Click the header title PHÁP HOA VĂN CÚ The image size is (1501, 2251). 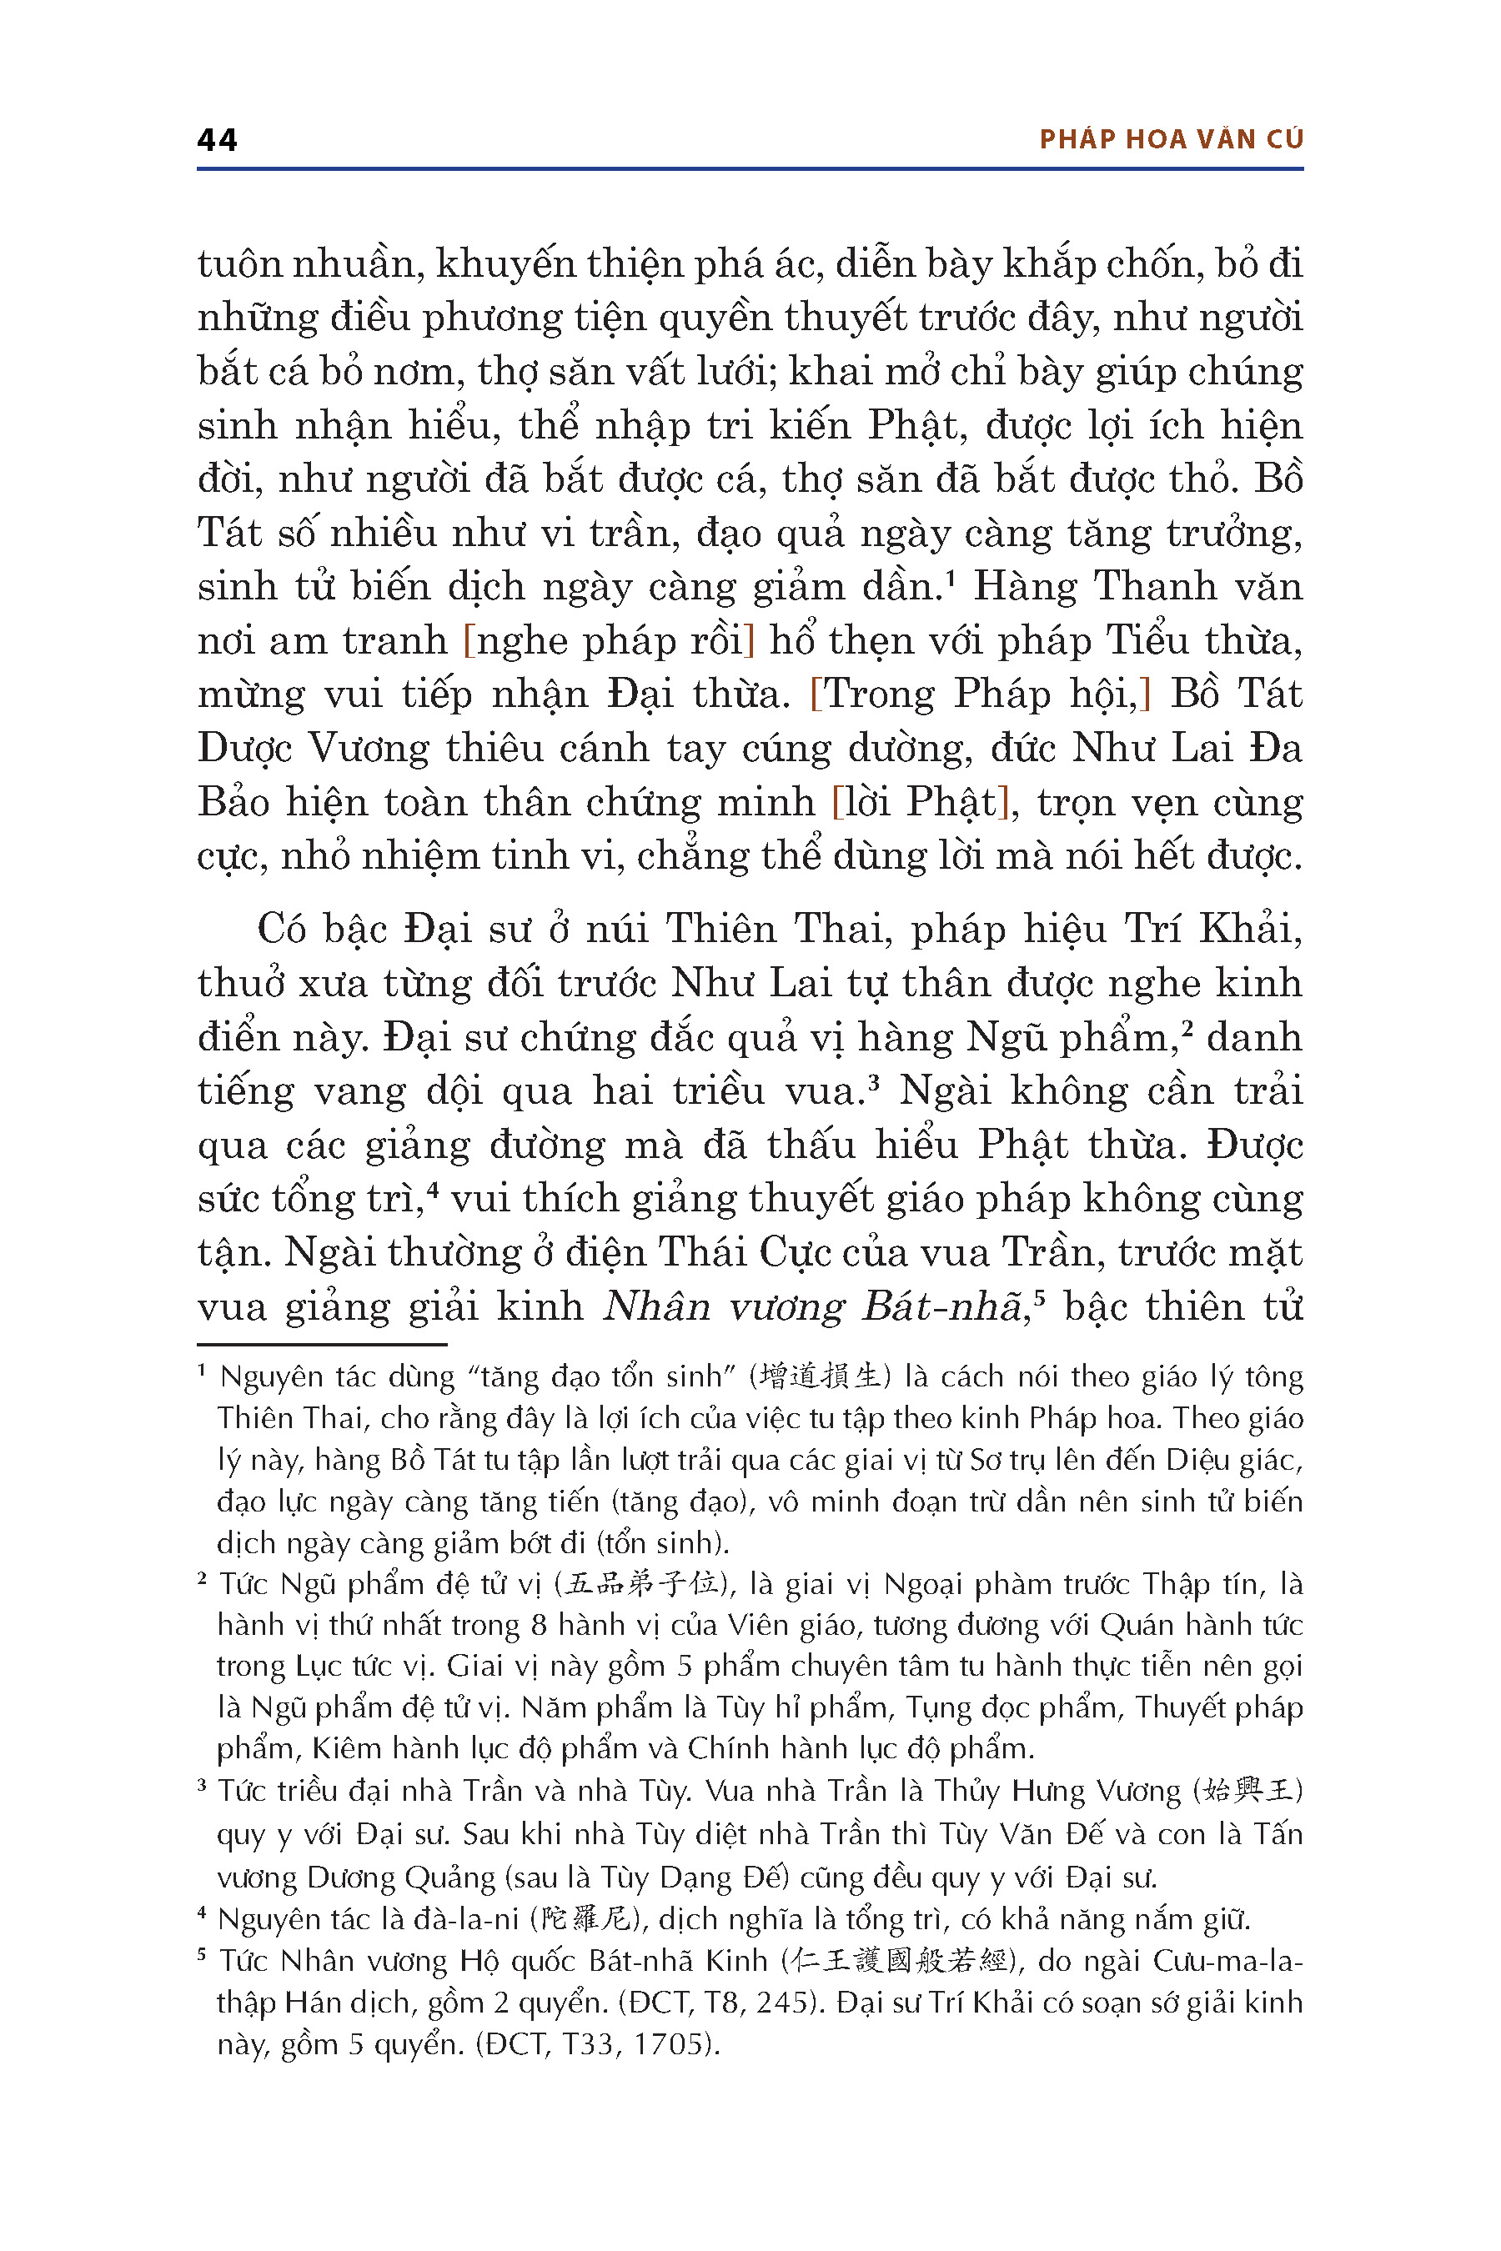(x=1171, y=140)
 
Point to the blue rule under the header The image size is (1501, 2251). (x=750, y=169)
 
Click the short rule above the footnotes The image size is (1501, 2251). (x=322, y=1345)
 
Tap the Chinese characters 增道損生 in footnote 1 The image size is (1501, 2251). (x=821, y=1377)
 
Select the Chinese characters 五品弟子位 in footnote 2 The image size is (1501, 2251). (x=642, y=1584)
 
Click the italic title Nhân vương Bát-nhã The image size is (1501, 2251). (x=814, y=1306)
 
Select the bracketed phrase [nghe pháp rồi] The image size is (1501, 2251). (x=609, y=640)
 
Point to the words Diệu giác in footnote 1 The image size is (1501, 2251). (x=1244, y=1461)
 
